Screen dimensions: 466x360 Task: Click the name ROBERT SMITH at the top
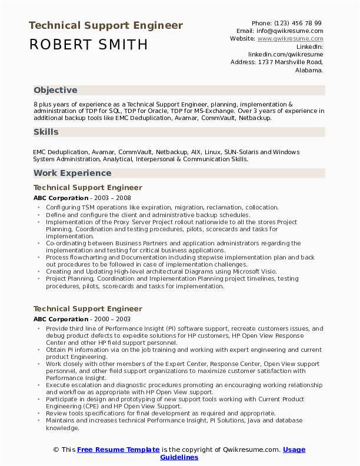88,45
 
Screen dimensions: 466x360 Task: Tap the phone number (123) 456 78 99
299,23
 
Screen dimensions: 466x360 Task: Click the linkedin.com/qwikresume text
285,54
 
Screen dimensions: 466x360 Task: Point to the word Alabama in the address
308,69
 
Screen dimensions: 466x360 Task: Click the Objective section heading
55,90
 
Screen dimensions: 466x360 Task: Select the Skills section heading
46,132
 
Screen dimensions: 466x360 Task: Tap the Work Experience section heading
72,173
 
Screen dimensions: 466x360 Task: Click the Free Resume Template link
118,450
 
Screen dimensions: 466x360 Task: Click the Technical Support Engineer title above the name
106,25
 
